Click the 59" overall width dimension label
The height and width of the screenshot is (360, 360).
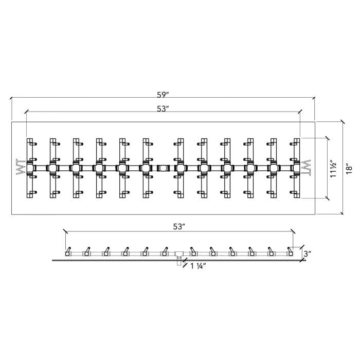(164, 94)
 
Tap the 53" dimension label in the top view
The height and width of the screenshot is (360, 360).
(164, 108)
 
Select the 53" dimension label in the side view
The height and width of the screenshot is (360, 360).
(178, 226)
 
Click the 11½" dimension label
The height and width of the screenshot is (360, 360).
(334, 168)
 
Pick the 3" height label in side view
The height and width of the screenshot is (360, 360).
(307, 253)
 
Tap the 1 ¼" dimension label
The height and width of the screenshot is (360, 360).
(199, 266)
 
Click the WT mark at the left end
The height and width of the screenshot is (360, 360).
(21, 168)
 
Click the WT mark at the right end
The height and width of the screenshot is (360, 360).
(307, 168)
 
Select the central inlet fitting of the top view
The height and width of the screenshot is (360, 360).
(164, 168)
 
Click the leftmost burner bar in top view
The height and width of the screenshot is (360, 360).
(30, 168)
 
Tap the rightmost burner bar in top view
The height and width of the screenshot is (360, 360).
(296, 168)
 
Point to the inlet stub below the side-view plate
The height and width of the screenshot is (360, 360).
(178, 263)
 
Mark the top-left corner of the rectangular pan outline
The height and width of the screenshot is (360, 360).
(11, 121)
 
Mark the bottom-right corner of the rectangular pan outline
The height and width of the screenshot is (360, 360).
(316, 214)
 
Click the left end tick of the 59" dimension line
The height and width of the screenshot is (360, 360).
(11, 98)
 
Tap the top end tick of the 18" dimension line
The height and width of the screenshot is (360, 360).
(342, 121)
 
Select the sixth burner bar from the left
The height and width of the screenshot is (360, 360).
(146, 168)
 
